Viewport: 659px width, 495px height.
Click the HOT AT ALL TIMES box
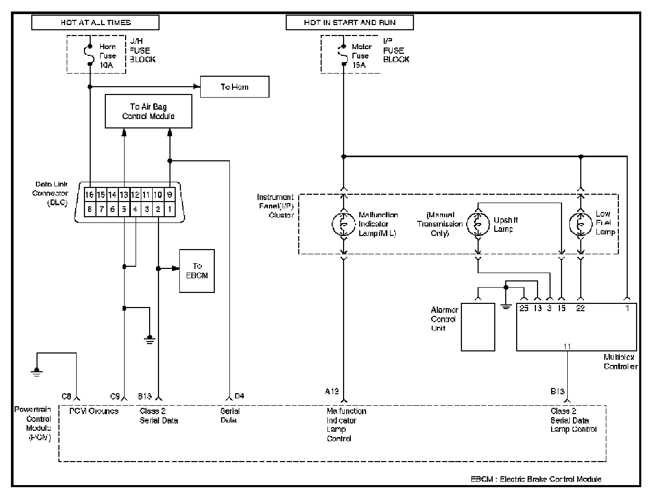[95, 23]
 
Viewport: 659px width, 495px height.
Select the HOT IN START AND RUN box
[350, 23]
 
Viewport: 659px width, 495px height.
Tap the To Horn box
[235, 87]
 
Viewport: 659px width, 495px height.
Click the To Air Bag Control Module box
[148, 111]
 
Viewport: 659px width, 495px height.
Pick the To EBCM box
[197, 270]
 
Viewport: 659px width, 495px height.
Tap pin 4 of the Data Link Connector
[136, 209]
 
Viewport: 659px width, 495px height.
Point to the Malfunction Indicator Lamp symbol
[343, 223]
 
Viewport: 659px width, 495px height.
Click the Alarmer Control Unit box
[478, 326]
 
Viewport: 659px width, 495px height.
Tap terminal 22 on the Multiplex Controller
[580, 309]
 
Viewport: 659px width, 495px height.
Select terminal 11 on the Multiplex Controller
[567, 346]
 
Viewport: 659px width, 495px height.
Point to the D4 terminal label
[239, 395]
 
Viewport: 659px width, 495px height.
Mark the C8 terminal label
[66, 395]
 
